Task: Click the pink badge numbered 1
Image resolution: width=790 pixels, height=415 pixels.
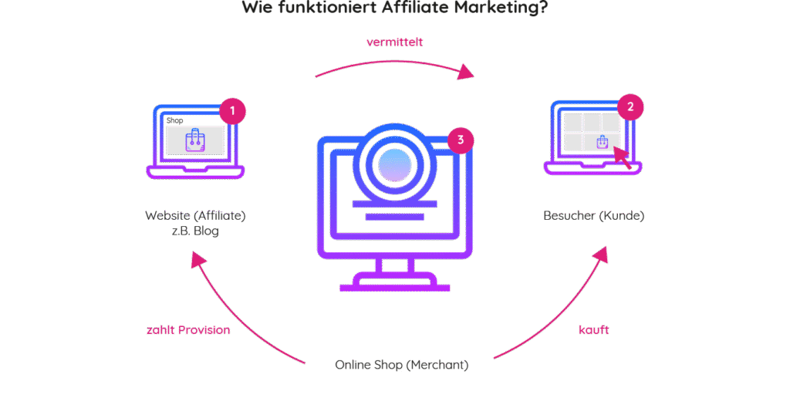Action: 232,111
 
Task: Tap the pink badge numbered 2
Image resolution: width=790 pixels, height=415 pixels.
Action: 630,107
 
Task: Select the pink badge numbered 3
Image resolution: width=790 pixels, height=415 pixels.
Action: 461,140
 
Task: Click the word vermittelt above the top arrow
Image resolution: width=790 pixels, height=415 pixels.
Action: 394,42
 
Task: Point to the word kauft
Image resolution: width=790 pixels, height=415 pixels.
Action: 594,329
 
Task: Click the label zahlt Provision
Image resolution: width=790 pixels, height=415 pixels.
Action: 188,329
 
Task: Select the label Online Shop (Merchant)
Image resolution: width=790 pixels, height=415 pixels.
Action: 401,364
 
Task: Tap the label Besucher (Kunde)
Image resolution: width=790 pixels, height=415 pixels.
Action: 593,215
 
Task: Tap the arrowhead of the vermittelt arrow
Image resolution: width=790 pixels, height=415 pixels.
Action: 464,73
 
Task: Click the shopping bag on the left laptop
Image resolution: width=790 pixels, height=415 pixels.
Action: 195,139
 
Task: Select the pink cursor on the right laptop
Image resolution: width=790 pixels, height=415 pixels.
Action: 622,156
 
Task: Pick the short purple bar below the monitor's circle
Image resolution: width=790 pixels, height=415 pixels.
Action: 394,218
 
